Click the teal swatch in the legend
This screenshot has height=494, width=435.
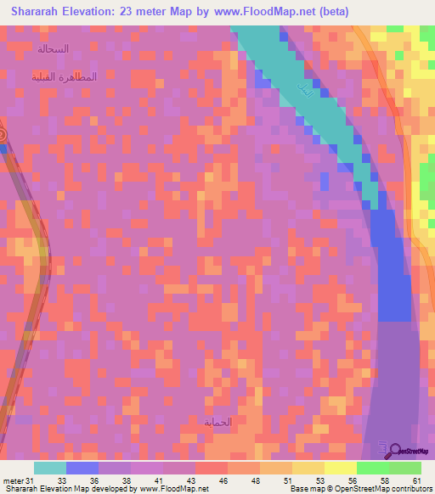pyautogui.click(x=50, y=468)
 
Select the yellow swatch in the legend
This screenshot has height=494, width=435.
pyautogui.click(x=340, y=468)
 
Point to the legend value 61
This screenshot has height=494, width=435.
pyautogui.click(x=416, y=480)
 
